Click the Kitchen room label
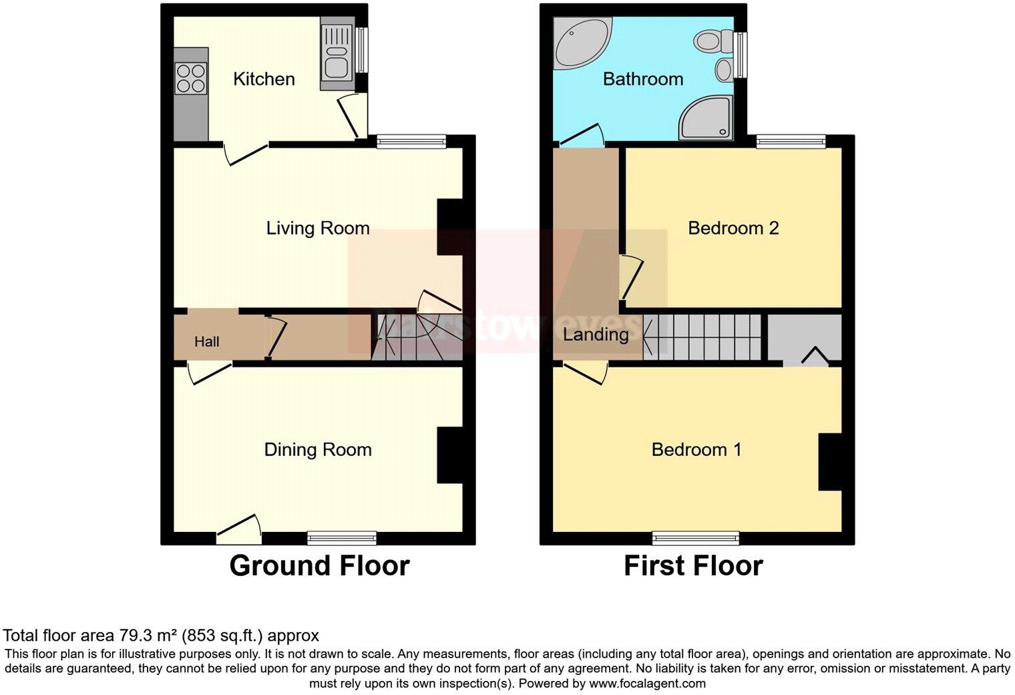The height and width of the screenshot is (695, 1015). coord(264,79)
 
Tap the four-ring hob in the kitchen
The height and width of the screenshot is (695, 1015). coord(190,78)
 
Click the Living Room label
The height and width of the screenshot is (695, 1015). coord(318,229)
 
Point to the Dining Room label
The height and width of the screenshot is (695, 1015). coord(318,450)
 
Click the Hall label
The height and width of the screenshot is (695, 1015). coord(206,342)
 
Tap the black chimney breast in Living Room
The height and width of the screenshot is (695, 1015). coord(449,227)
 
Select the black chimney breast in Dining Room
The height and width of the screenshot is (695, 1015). coord(449,455)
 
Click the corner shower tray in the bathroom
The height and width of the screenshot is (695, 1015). coord(706,118)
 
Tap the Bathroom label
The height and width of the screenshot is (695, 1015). coord(643,79)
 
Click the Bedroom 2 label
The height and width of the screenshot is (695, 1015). coord(733,229)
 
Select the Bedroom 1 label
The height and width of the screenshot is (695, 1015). coord(696,450)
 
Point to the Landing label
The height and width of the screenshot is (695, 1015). coord(596,334)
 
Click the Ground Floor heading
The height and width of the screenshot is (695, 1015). coord(319,566)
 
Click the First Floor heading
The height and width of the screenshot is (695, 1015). coord(693,566)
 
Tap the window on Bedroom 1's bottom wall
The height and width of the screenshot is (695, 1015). coord(696,538)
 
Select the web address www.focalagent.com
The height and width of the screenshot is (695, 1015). coord(647,684)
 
